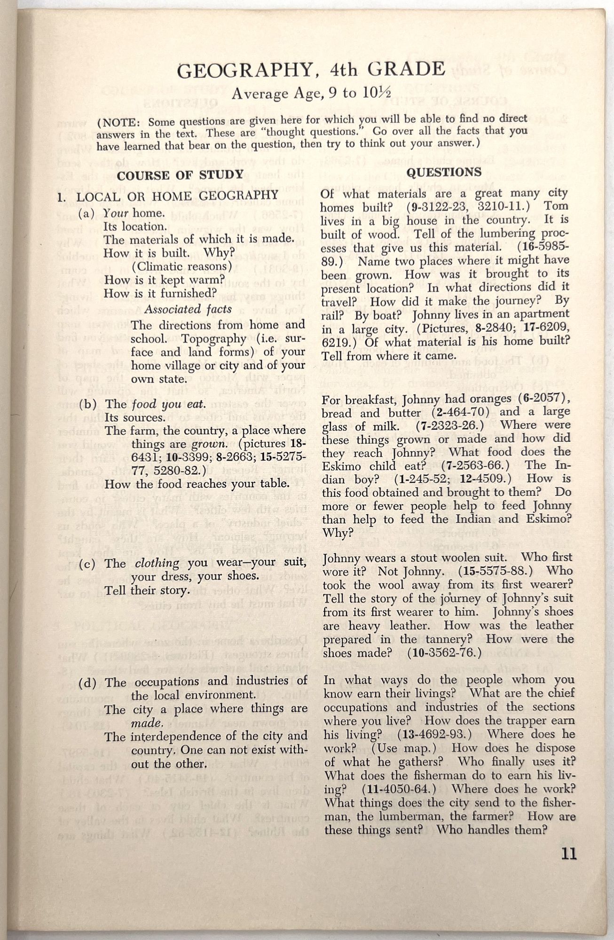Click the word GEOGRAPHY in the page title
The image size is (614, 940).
pyautogui.click(x=244, y=70)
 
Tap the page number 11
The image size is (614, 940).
pyautogui.click(x=568, y=853)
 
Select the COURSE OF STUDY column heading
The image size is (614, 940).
pyautogui.click(x=180, y=175)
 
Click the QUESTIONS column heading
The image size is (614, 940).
pyautogui.click(x=444, y=172)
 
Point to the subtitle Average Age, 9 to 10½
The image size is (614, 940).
pyautogui.click(x=311, y=94)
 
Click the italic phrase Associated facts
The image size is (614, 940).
pyautogui.click(x=188, y=309)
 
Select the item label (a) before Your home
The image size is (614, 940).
pyautogui.click(x=89, y=213)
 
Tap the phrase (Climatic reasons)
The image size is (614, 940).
pyautogui.click(x=182, y=266)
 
